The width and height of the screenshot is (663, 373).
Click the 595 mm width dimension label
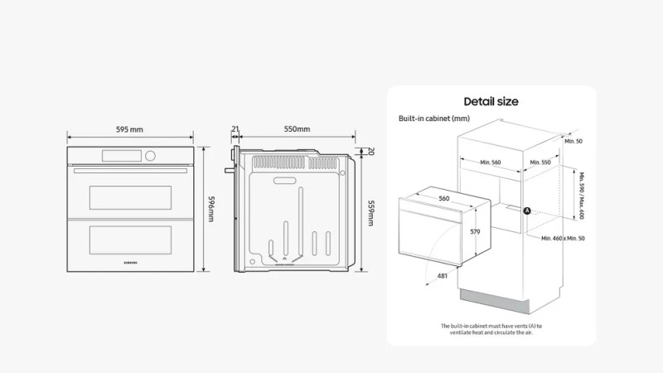pyautogui.click(x=129, y=129)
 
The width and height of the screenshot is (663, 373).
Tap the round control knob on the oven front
pyautogui.click(x=150, y=156)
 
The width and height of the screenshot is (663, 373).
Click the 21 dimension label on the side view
pyautogui.click(x=235, y=129)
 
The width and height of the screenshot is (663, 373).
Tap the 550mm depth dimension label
pyautogui.click(x=297, y=129)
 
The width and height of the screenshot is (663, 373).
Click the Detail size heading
pyautogui.click(x=491, y=101)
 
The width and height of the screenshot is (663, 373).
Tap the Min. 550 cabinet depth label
pyautogui.click(x=540, y=162)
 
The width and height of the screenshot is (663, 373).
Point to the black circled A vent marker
pyautogui.click(x=527, y=211)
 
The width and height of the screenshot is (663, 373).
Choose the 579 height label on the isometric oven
pyautogui.click(x=475, y=233)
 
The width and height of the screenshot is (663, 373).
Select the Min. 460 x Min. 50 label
pyautogui.click(x=564, y=238)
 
